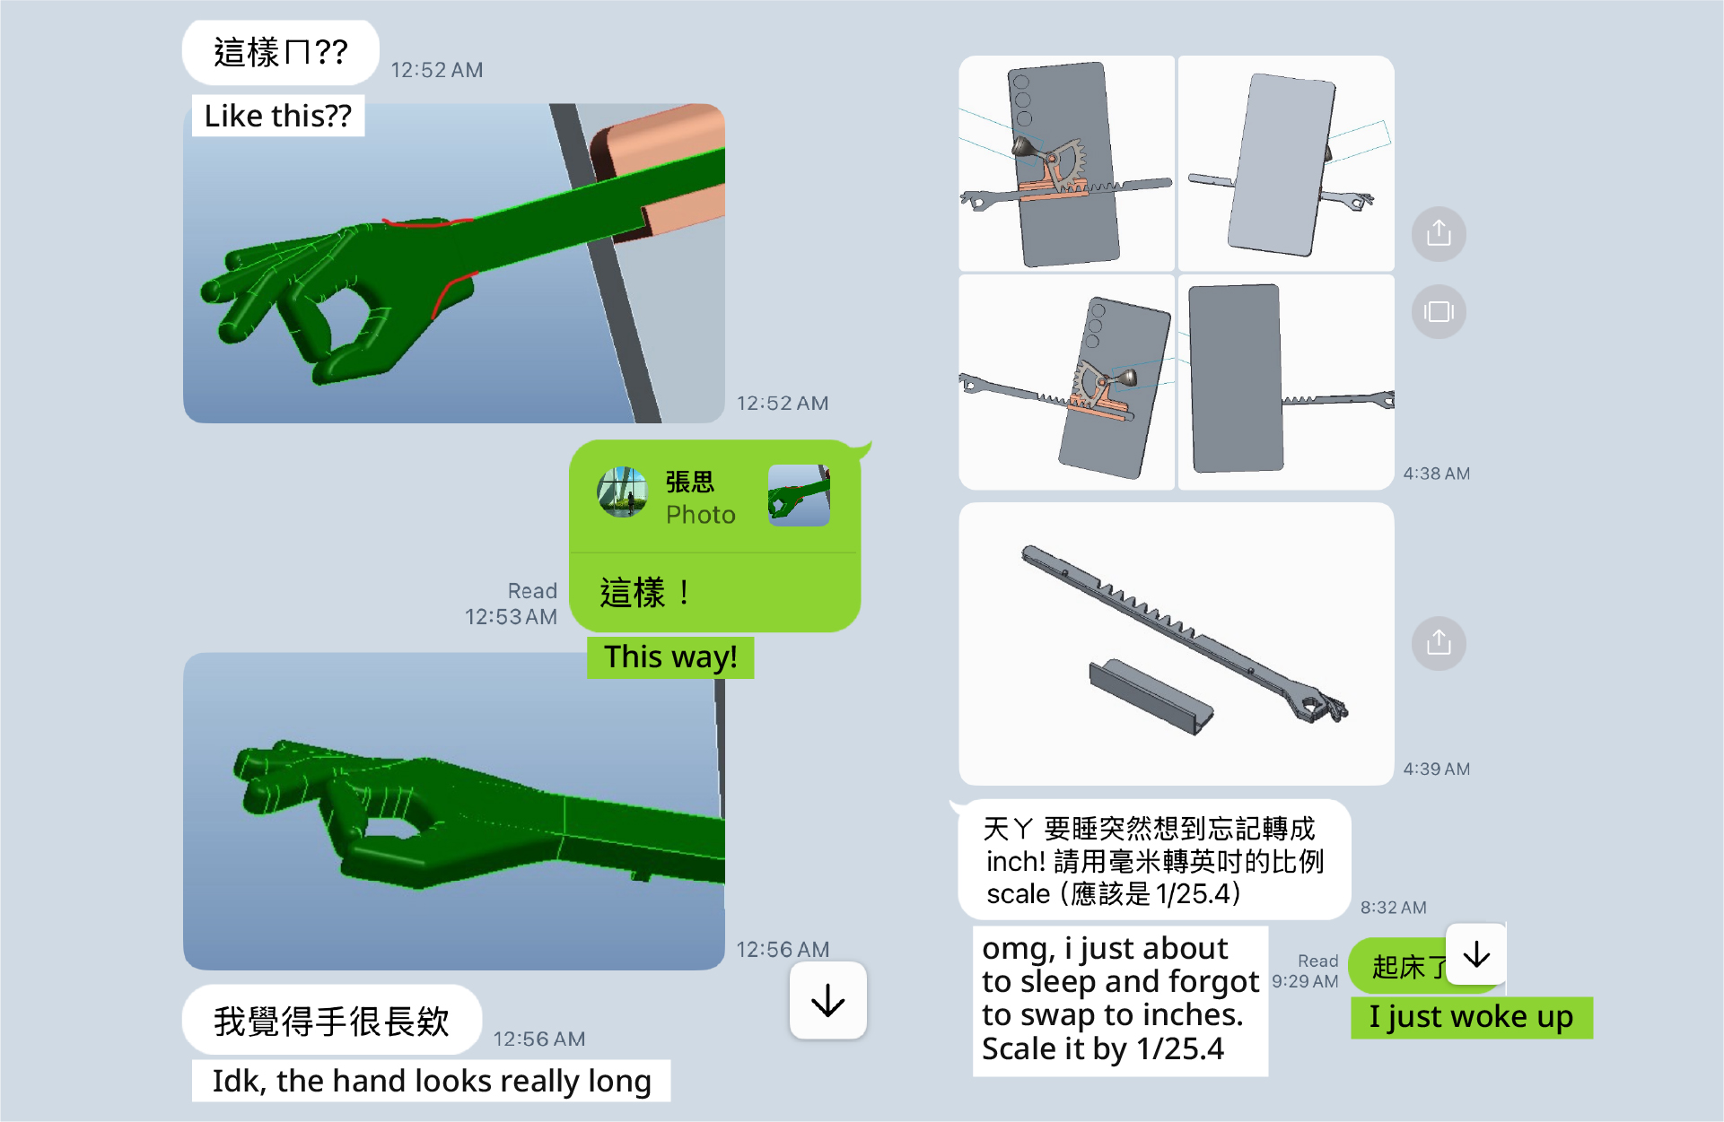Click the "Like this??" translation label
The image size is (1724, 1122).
click(278, 116)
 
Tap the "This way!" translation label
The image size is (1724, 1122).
click(670, 657)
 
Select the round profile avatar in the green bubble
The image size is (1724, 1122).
click(623, 492)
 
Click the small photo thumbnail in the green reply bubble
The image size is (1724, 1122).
click(799, 495)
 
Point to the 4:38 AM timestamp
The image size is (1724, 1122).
click(1436, 474)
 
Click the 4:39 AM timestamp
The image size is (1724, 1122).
click(1436, 769)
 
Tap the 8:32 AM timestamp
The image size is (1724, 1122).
click(1393, 908)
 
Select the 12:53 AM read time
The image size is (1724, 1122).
click(511, 617)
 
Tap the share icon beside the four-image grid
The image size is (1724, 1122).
click(1439, 234)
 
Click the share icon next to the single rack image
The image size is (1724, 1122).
click(1439, 643)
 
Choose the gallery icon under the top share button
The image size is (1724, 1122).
click(1439, 311)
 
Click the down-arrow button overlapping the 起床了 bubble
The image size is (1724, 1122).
click(1476, 954)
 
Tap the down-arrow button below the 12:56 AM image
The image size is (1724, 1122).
click(827, 1001)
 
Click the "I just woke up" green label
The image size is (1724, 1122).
click(1471, 1017)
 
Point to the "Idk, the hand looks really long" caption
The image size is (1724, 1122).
click(431, 1081)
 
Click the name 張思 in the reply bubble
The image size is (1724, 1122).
click(690, 483)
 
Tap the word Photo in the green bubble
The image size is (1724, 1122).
click(700, 515)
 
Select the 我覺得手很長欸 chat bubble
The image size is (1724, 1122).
click(331, 1021)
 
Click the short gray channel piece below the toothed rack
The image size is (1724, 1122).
click(1151, 697)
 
